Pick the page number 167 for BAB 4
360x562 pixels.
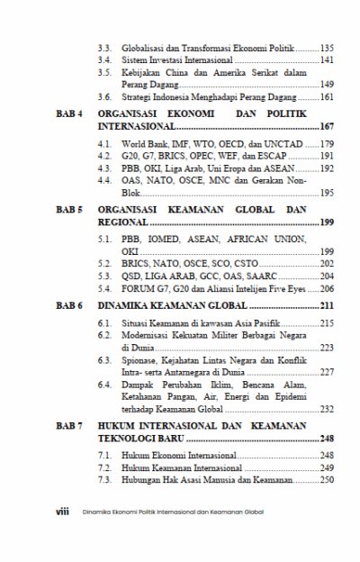(x=327, y=129)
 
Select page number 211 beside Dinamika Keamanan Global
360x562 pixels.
(x=327, y=306)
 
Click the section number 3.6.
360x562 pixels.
(x=104, y=96)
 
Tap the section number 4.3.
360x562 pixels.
(x=104, y=168)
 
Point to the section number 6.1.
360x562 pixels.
(x=104, y=322)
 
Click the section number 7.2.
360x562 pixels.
(x=104, y=468)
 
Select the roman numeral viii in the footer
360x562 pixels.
(x=63, y=509)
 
